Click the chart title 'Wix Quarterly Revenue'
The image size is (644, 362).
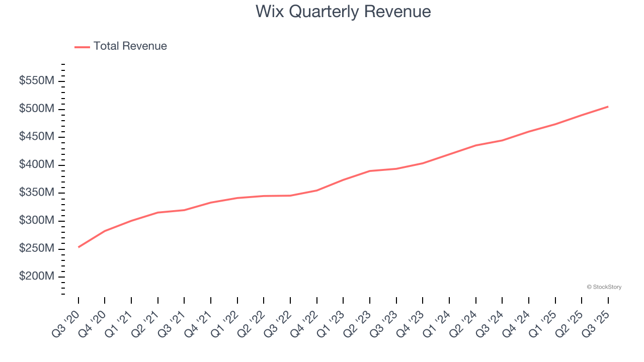[x=343, y=12]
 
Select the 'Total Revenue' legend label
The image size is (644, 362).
[x=130, y=46]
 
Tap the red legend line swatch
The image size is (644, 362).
[x=82, y=47]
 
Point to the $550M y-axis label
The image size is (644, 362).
[x=37, y=81]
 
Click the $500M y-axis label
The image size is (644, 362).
[x=37, y=109]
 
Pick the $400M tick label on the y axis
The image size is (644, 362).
[x=37, y=165]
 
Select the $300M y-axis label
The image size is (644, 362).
[x=37, y=221]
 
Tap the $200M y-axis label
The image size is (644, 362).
[x=37, y=277]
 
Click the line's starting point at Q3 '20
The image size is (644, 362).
[x=78, y=247]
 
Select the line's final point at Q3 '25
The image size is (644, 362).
[x=608, y=107]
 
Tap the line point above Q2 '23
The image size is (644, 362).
[x=370, y=171]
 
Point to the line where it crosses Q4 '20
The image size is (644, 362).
[x=105, y=231]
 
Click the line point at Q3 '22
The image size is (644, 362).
[x=290, y=196]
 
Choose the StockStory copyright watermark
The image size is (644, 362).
[x=604, y=287]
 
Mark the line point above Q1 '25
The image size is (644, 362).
[x=555, y=124]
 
